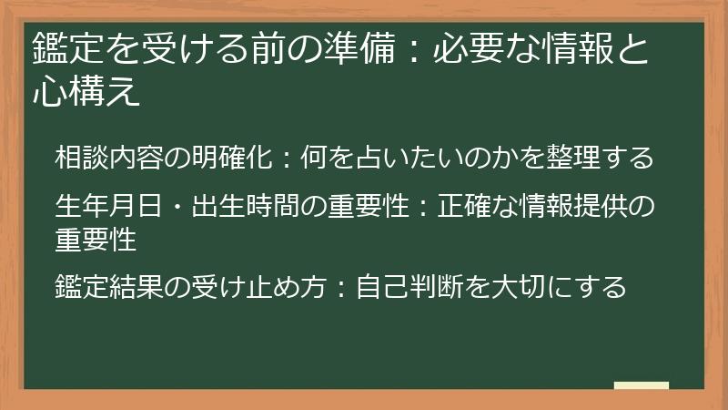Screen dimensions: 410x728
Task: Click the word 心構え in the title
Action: pos(86,92)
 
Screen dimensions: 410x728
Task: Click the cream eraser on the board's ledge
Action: pos(641,385)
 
